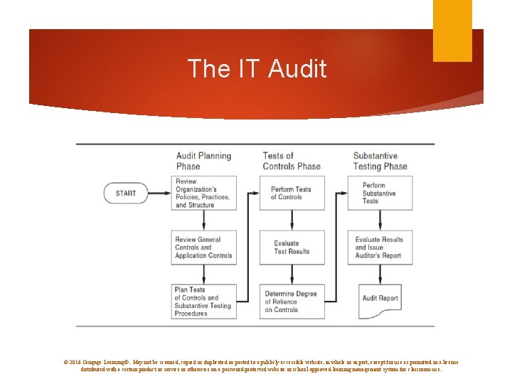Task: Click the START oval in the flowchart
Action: [125, 193]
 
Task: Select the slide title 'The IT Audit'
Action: [257, 69]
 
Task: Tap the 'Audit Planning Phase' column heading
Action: [203, 161]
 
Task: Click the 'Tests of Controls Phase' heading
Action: [292, 161]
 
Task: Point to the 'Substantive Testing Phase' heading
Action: [380, 161]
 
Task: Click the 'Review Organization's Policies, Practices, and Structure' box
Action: [203, 193]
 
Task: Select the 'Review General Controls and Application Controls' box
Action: [203, 247]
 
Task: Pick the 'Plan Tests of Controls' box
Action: [203, 301]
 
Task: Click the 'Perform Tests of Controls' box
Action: [292, 193]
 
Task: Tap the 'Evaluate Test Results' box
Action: [292, 247]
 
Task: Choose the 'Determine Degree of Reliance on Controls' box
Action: [292, 301]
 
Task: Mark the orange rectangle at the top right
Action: [453, 31]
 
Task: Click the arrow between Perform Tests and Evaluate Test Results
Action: [292, 220]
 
